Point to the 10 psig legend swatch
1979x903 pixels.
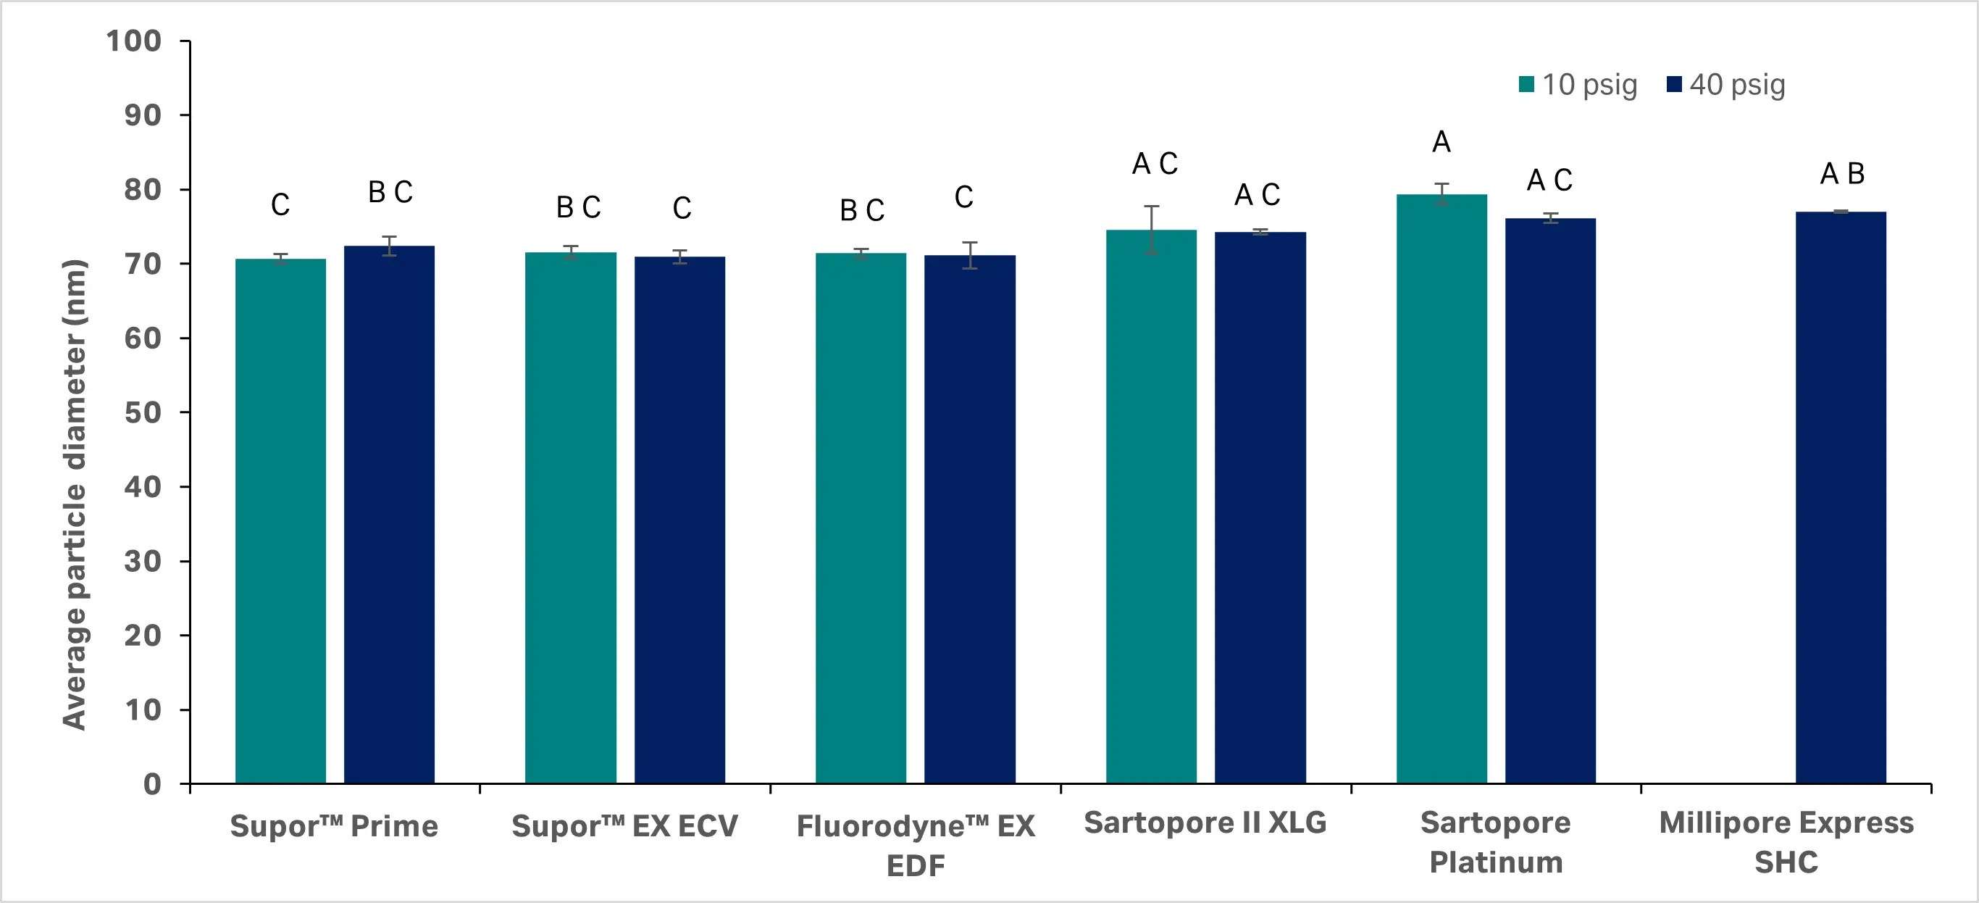pyautogui.click(x=1526, y=85)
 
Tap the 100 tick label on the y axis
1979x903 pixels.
pyautogui.click(x=134, y=41)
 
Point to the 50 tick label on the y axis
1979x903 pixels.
pyautogui.click(x=143, y=412)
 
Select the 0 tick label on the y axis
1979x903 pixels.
pyautogui.click(x=152, y=785)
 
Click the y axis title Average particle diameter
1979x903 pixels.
pyautogui.click(x=75, y=494)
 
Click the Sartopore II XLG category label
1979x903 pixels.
pyautogui.click(x=1205, y=823)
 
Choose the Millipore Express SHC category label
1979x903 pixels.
pyautogui.click(x=1786, y=842)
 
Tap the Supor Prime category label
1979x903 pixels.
pyautogui.click(x=334, y=826)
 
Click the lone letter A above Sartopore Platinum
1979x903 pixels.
pyautogui.click(x=1442, y=142)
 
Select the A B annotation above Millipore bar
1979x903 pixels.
pyautogui.click(x=1841, y=174)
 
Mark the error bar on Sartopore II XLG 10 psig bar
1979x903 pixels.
pyautogui.click(x=1151, y=229)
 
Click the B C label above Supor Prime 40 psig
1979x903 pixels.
pyautogui.click(x=390, y=192)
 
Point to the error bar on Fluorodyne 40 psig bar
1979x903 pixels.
pyautogui.click(x=969, y=255)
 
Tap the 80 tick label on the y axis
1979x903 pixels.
pyautogui.click(x=143, y=189)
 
